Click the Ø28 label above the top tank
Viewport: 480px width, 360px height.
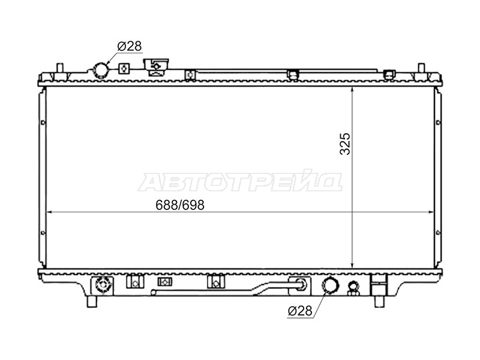[x=130, y=46]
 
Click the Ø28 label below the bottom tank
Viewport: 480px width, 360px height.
[x=300, y=311]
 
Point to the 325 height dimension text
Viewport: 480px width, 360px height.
[x=345, y=144]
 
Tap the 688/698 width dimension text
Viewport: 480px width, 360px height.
[x=179, y=205]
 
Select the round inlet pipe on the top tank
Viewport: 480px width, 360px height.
[x=101, y=70]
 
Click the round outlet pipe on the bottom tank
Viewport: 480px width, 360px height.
[x=331, y=285]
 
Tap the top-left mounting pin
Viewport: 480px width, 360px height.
[x=59, y=68]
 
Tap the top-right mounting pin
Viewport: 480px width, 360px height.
[x=421, y=68]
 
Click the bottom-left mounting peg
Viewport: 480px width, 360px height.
[x=92, y=302]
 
